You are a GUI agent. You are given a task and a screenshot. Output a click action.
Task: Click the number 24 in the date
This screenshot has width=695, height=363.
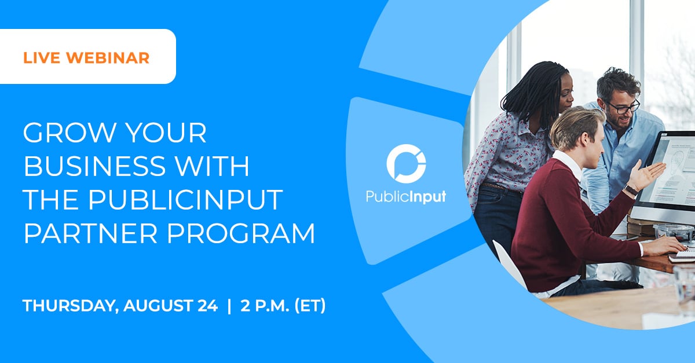pyautogui.click(x=206, y=306)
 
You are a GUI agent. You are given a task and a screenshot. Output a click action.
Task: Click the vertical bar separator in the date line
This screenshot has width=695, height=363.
pyautogui.click(x=228, y=306)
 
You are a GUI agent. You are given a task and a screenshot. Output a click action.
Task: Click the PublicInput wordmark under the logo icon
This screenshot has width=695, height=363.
pyautogui.click(x=406, y=197)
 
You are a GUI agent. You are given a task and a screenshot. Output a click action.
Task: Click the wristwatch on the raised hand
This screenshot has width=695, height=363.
pyautogui.click(x=631, y=190)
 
